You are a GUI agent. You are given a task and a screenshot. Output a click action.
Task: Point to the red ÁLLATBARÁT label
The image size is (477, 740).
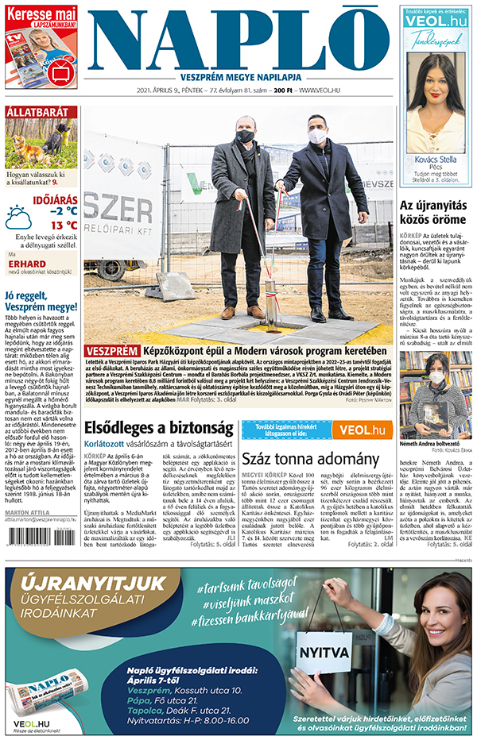click(38, 112)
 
